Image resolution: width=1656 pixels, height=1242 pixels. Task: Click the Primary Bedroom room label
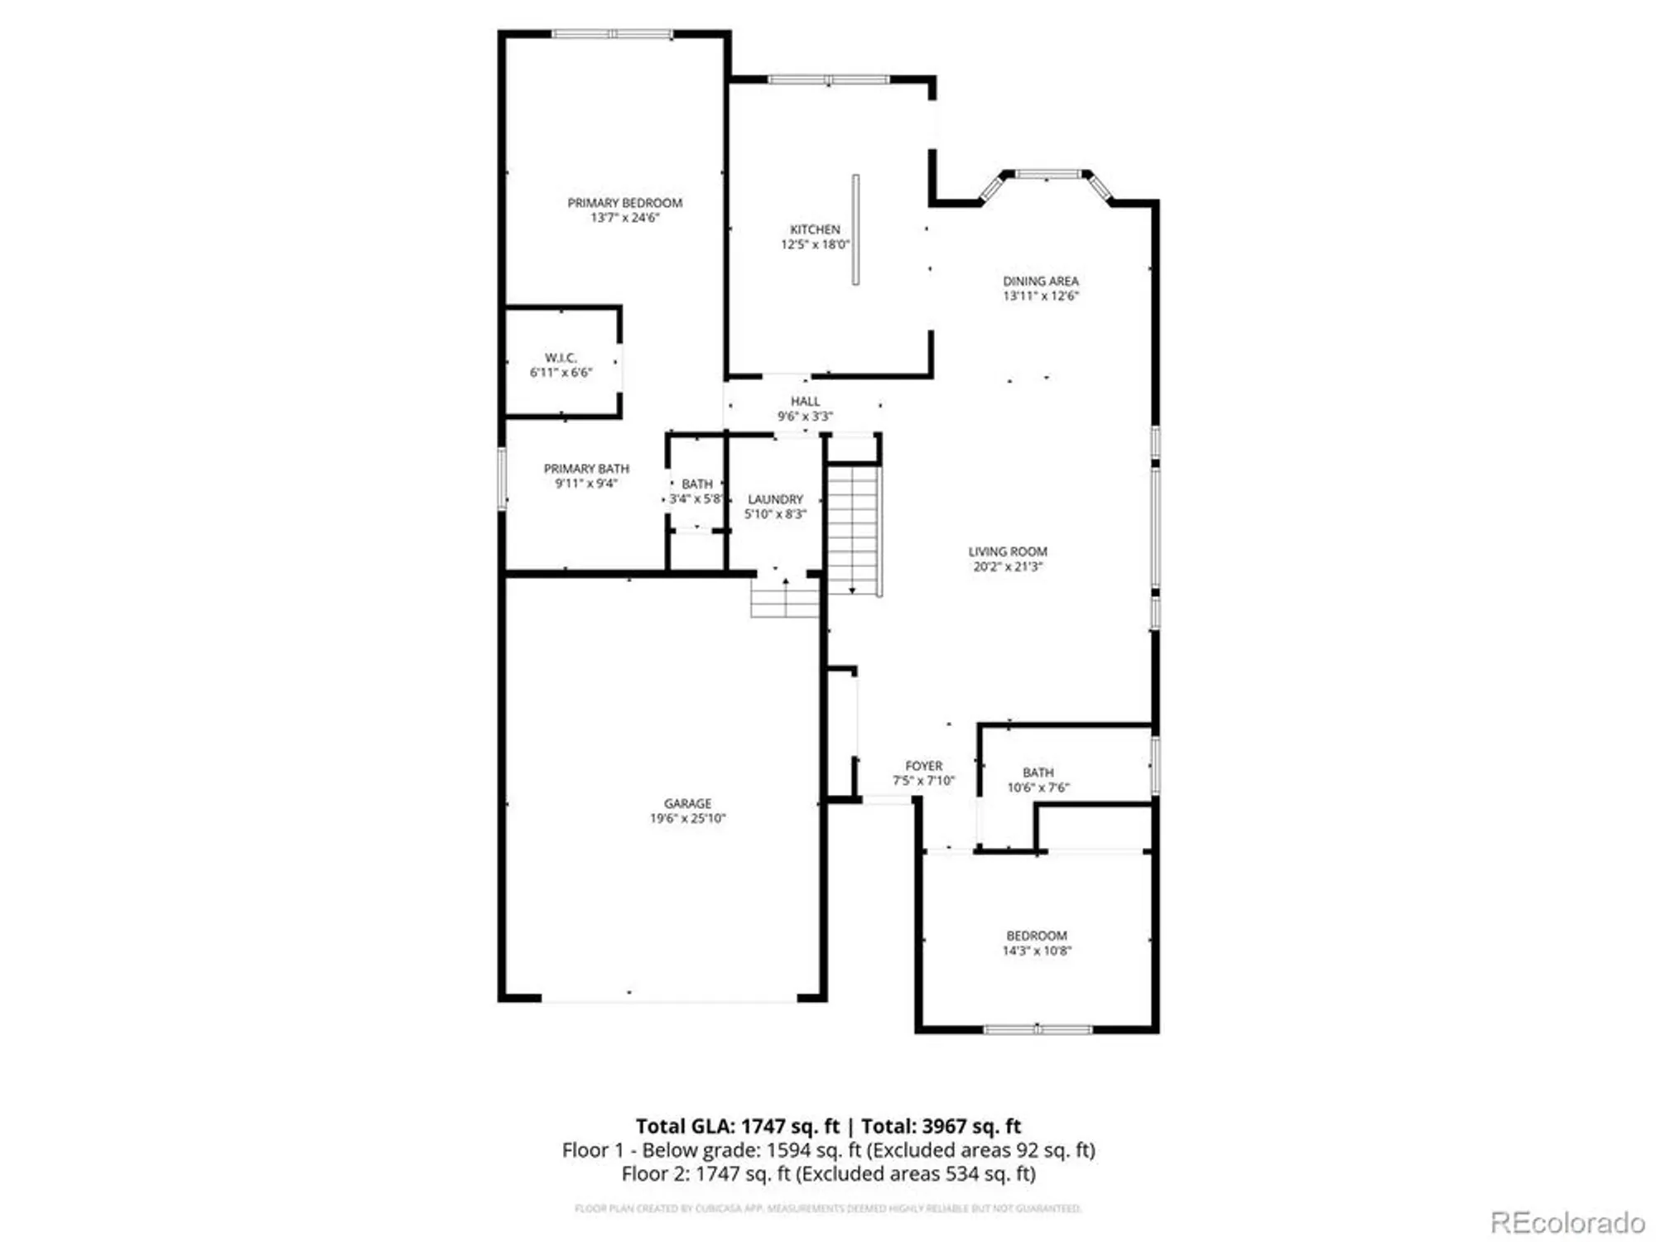624,203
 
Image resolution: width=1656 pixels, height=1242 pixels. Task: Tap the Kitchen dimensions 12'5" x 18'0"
815,245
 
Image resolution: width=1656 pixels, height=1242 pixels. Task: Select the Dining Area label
1041,282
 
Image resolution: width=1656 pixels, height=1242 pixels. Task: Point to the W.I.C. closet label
561,358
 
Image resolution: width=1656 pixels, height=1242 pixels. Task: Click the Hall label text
805,402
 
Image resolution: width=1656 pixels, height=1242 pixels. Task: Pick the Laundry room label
775,499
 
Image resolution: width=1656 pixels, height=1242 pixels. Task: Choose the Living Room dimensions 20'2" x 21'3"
1008,567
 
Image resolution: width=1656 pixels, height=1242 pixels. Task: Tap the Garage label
687,803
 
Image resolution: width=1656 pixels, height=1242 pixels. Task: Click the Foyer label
923,766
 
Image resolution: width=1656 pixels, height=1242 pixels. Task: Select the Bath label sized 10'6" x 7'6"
1037,773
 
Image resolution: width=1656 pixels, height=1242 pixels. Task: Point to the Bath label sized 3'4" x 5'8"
696,484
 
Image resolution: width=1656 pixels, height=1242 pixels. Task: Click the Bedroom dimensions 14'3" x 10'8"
1037,951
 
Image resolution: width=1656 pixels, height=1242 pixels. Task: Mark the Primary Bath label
586,469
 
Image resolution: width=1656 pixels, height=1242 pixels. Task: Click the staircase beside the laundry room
854,530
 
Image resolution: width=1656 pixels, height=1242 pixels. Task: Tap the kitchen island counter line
855,229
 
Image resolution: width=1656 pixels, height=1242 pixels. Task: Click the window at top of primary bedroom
612,34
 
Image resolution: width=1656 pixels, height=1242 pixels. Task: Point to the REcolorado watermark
1567,1222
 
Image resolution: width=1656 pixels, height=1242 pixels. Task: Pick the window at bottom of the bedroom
1037,1029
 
